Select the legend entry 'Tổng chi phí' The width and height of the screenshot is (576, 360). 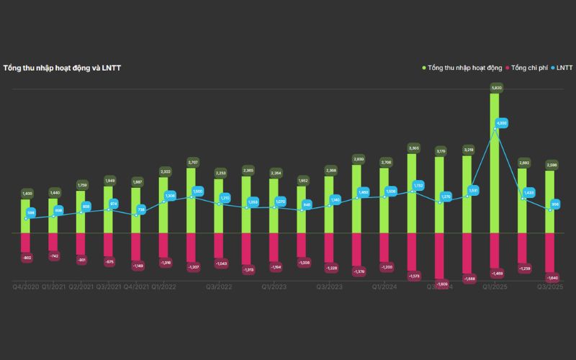point(531,68)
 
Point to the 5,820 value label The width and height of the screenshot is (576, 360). point(495,88)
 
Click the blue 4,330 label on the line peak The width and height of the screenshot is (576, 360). point(502,123)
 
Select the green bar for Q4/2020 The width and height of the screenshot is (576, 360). point(26,216)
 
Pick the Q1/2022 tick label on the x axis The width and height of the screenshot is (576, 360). point(164,287)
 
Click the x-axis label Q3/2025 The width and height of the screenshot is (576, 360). point(550,287)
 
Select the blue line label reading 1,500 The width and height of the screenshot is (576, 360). point(198,191)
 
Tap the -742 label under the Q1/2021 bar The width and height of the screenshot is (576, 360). point(53,256)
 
